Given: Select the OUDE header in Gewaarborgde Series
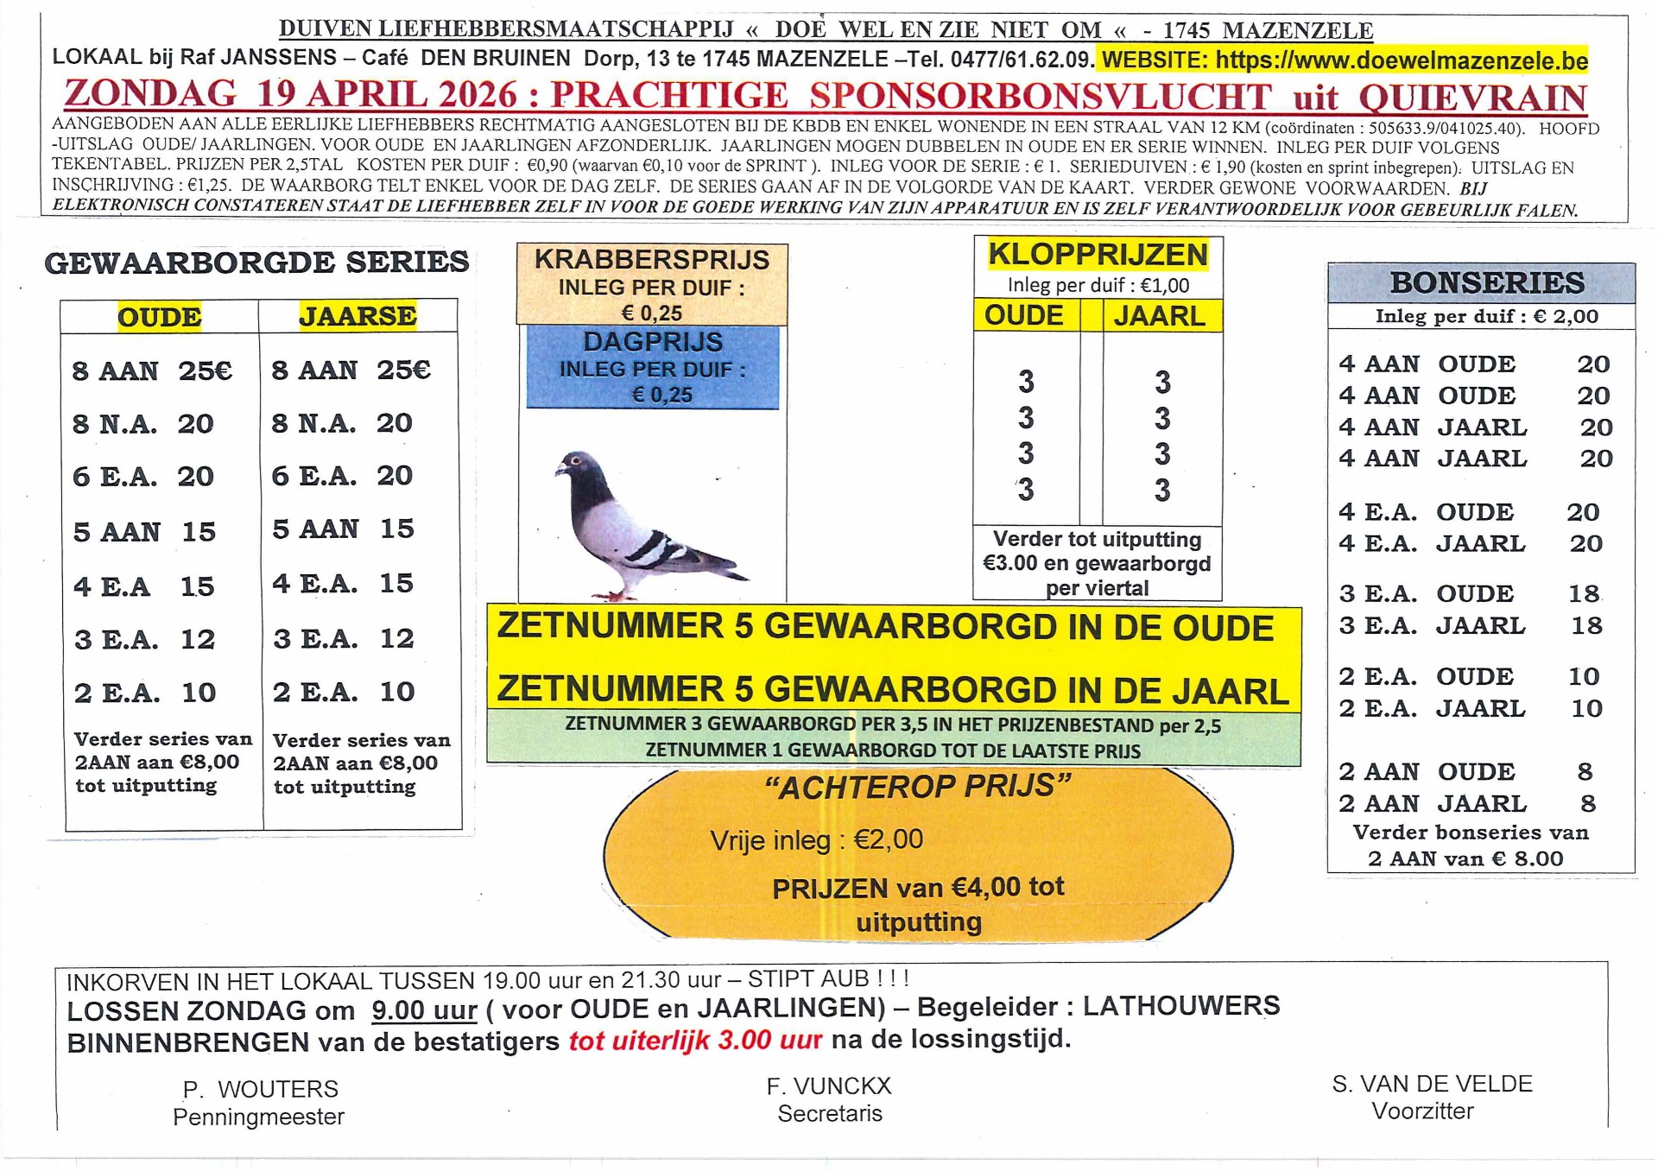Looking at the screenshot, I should [160, 317].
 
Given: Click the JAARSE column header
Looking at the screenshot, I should [358, 316].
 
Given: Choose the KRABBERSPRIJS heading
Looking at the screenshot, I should [652, 260].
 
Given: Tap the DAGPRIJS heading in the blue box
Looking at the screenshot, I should [653, 342].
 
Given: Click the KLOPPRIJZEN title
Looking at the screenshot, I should [1098, 255].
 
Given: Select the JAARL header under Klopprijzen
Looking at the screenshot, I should [1159, 316].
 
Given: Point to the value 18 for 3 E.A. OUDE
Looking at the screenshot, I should [1584, 594].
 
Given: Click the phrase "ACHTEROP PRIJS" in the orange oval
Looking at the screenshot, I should [917, 787].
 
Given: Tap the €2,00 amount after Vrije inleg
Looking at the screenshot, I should [889, 839].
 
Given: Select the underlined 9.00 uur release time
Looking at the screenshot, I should [424, 1010].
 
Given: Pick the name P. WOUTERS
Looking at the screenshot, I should [260, 1089].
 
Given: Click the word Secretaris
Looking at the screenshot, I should [829, 1114].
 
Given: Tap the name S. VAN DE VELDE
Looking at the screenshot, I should [1432, 1084].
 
